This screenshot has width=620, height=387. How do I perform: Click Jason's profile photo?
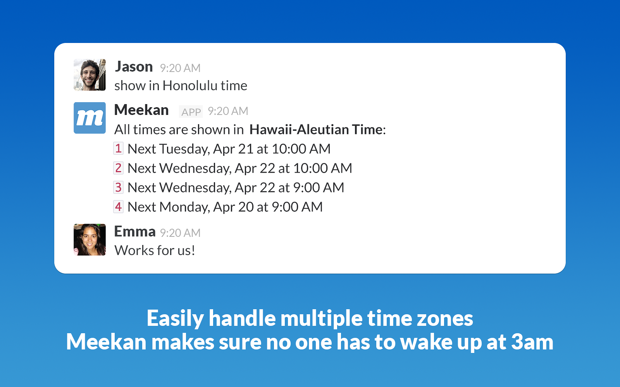(90, 75)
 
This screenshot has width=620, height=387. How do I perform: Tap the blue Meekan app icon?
(90, 118)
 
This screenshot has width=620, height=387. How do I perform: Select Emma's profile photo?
(90, 240)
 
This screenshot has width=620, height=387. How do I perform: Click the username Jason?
(134, 67)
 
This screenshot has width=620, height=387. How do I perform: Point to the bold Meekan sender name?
(141, 110)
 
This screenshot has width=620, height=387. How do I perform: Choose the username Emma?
(135, 231)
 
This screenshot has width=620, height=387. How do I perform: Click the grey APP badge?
(191, 112)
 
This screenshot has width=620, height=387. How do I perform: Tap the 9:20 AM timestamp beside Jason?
(180, 68)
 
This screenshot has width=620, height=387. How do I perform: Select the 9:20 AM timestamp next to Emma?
(180, 233)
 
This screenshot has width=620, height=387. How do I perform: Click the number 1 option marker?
(119, 149)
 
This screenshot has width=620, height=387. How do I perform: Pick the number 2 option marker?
(119, 168)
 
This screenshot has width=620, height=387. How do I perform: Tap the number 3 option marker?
(119, 187)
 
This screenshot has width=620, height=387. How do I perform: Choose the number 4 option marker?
(119, 207)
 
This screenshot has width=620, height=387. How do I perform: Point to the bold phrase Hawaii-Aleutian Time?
(316, 129)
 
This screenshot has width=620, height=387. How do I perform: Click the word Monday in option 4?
(184, 207)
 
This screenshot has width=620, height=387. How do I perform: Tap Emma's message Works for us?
(155, 250)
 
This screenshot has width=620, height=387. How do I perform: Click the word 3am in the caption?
(532, 342)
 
